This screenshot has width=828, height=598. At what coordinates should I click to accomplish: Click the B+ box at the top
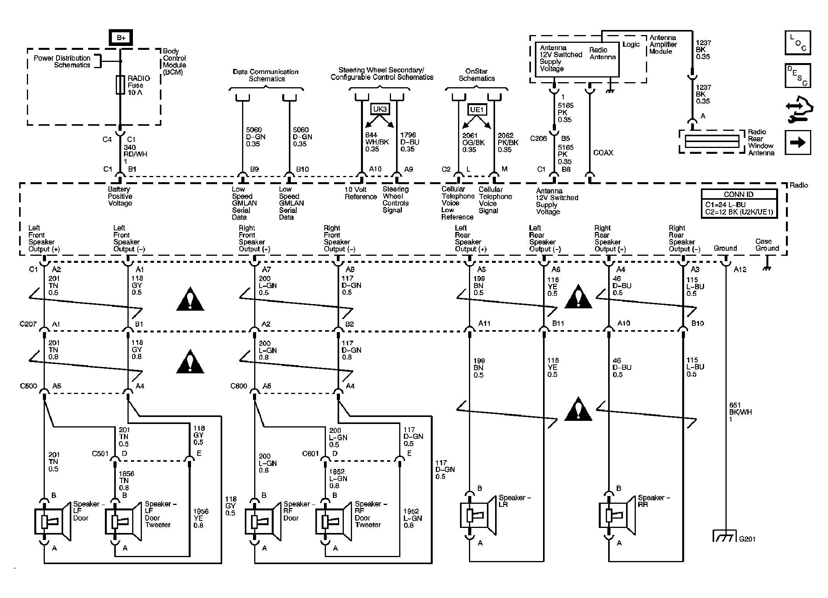tap(121, 38)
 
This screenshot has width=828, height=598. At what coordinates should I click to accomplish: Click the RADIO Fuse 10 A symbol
tap(120, 85)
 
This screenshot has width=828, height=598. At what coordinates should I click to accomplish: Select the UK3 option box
tap(380, 109)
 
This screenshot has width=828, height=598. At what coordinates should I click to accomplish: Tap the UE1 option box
tap(476, 110)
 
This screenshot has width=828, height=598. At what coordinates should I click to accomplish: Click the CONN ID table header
tap(739, 194)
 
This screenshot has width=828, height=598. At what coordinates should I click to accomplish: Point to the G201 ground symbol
tap(724, 536)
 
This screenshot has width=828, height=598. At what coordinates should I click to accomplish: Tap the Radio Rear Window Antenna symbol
tap(711, 142)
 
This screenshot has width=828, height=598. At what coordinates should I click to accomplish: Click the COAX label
tap(603, 153)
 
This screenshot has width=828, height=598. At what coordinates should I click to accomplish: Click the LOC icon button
tap(798, 43)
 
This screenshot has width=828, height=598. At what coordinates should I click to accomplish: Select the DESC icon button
tap(798, 76)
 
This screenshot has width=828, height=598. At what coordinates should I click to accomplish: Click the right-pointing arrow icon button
tap(798, 143)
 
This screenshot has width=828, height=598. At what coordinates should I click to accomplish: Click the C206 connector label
tap(538, 139)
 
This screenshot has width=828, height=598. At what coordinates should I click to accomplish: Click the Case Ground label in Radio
tap(767, 245)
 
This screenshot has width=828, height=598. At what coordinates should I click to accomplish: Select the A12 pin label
tap(740, 269)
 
